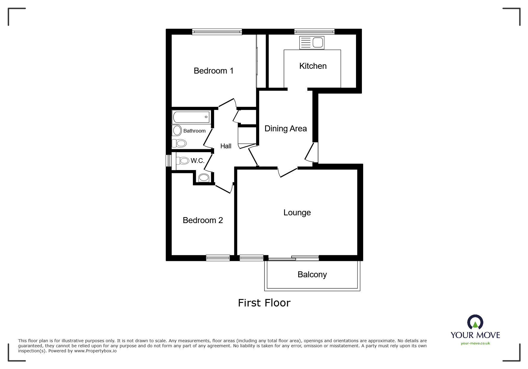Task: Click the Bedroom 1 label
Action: [213, 71]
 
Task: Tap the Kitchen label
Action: [313, 66]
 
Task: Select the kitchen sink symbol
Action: [312, 43]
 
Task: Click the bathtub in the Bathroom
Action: [191, 117]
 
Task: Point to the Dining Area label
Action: [285, 129]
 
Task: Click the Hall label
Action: [226, 146]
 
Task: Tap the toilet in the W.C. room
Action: [183, 161]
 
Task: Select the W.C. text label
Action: [197, 161]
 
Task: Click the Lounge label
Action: [297, 213]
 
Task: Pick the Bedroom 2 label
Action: [203, 220]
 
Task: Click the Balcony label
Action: [312, 275]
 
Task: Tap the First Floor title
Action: [264, 303]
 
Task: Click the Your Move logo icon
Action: [475, 322]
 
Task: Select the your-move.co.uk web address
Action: [475, 343]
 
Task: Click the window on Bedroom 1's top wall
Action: [217, 32]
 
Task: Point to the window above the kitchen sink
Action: [314, 32]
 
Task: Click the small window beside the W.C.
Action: [169, 161]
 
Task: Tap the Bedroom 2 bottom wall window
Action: [218, 258]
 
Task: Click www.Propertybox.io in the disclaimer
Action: [95, 351]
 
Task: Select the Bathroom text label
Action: [194, 131]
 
